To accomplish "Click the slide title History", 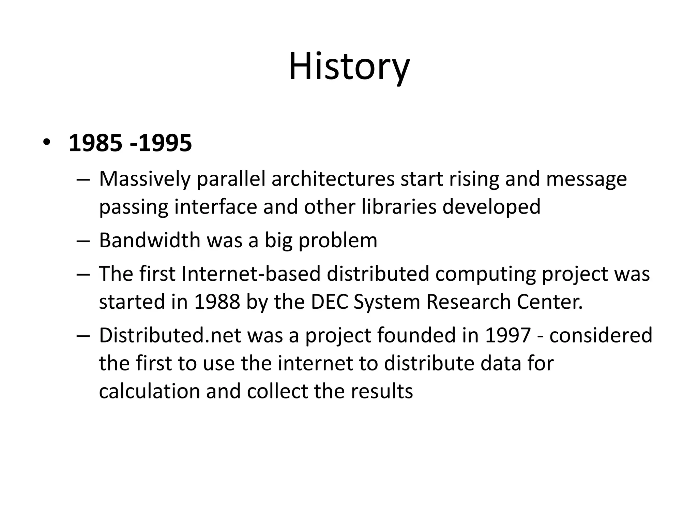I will point(349,66).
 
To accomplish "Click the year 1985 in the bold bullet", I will point(95,143).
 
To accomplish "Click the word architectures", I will point(333,179).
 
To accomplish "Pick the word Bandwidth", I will point(150,240).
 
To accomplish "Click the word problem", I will point(338,241).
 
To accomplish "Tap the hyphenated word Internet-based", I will point(251,274).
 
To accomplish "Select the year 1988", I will point(217,302).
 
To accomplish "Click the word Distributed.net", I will point(170,335).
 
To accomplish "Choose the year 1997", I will point(507,335).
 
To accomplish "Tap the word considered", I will point(601,335).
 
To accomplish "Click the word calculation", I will point(149,391).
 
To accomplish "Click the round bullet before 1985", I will point(46,143).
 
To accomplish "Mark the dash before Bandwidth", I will point(83,241).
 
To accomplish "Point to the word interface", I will point(215,207).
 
